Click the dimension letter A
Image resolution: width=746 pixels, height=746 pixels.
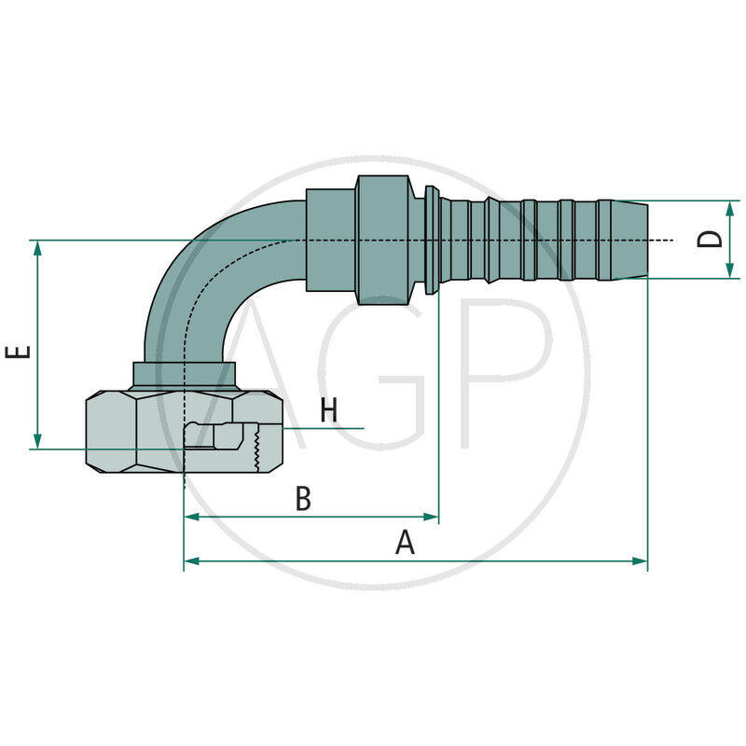405,542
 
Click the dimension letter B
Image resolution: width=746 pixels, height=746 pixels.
303,499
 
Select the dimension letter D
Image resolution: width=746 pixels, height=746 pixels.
711,239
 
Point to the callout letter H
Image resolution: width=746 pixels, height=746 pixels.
328,410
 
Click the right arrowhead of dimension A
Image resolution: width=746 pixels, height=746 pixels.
642,561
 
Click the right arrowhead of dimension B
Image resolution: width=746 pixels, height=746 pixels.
433,517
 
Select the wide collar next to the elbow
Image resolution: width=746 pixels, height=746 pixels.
382,240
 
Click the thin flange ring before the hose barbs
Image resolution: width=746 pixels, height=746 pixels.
432,240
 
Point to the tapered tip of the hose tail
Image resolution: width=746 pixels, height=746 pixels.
630,240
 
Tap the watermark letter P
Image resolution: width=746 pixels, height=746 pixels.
504,373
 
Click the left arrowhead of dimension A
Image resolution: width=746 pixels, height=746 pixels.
190,561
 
